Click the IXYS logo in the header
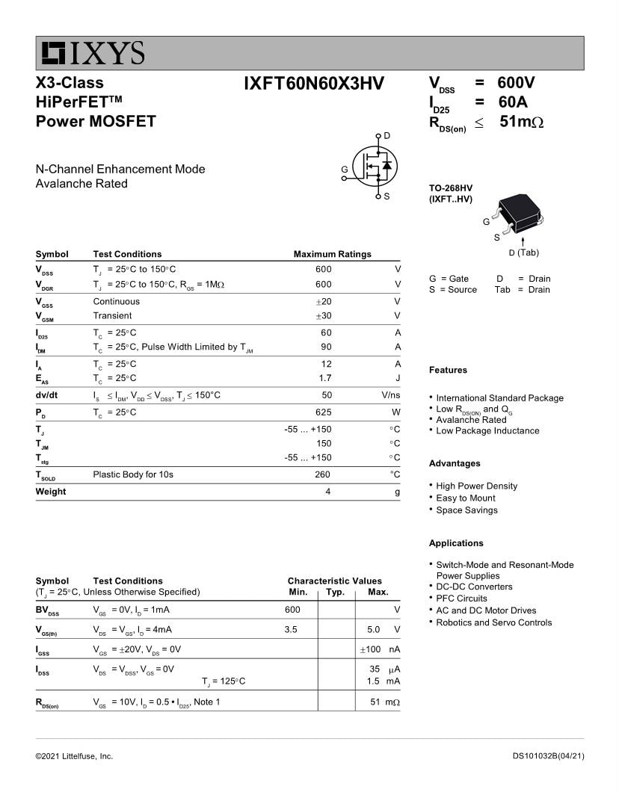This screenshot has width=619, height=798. (93, 53)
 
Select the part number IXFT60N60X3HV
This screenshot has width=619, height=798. (313, 84)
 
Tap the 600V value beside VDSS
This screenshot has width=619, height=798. (516, 83)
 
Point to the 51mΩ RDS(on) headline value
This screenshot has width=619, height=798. (521, 122)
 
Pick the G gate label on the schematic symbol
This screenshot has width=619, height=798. (344, 170)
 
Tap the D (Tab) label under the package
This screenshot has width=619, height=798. (523, 253)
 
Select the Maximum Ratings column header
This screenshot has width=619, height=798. (332, 254)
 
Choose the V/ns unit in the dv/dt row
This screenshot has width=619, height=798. (390, 395)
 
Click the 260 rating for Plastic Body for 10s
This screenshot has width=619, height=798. (323, 474)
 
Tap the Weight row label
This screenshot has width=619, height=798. (51, 492)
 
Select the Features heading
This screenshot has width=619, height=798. (448, 370)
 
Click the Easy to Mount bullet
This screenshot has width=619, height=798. (465, 498)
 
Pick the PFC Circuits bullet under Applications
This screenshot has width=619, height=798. (461, 598)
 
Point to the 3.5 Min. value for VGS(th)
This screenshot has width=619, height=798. (291, 630)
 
